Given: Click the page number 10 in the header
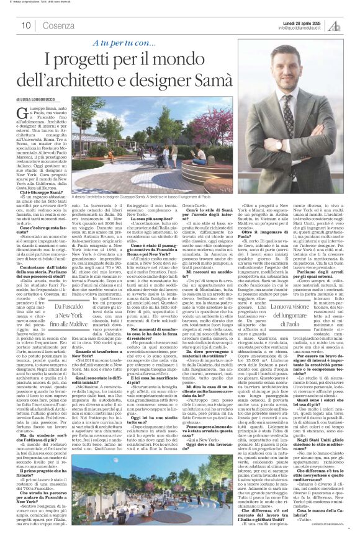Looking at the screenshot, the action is coord(26,25).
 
